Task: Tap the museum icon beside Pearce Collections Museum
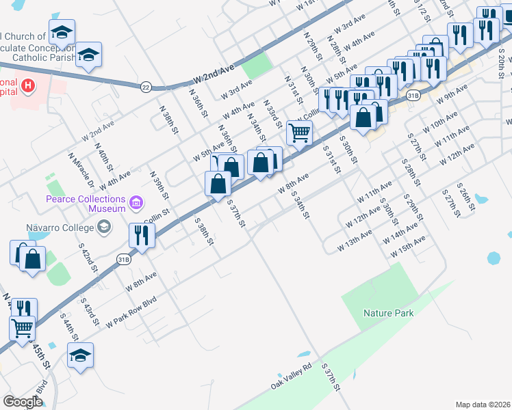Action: pyautogui.click(x=136, y=202)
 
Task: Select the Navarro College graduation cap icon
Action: pyautogui.click(x=104, y=226)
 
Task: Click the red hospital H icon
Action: pyautogui.click(x=28, y=85)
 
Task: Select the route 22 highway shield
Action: pyautogui.click(x=145, y=87)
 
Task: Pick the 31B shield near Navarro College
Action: pyautogui.click(x=123, y=259)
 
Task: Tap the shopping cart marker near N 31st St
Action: pyautogui.click(x=299, y=132)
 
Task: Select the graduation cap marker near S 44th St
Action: pyautogui.click(x=80, y=355)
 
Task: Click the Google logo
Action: pyautogui.click(x=23, y=402)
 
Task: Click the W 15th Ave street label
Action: pyautogui.click(x=408, y=247)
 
